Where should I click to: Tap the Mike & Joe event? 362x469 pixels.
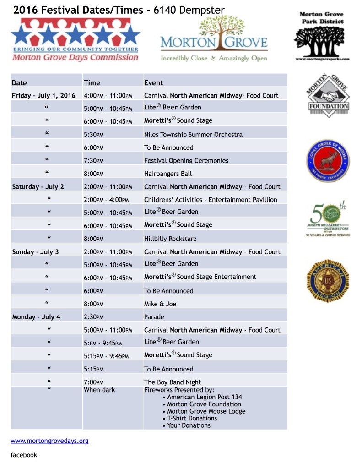tap(160, 304)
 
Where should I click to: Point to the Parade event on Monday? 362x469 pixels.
tap(154, 317)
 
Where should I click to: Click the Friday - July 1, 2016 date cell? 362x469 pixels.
tap(43, 96)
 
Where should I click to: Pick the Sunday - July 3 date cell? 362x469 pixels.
tap(35, 252)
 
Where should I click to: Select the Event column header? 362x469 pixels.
tap(153, 83)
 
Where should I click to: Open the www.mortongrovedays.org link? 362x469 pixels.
tap(49, 441)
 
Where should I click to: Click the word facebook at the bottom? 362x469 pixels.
tap(24, 455)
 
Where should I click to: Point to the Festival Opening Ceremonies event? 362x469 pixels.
tap(186, 161)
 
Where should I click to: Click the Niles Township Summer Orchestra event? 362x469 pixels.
tap(193, 135)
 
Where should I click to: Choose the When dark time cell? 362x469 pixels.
tap(99, 390)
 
